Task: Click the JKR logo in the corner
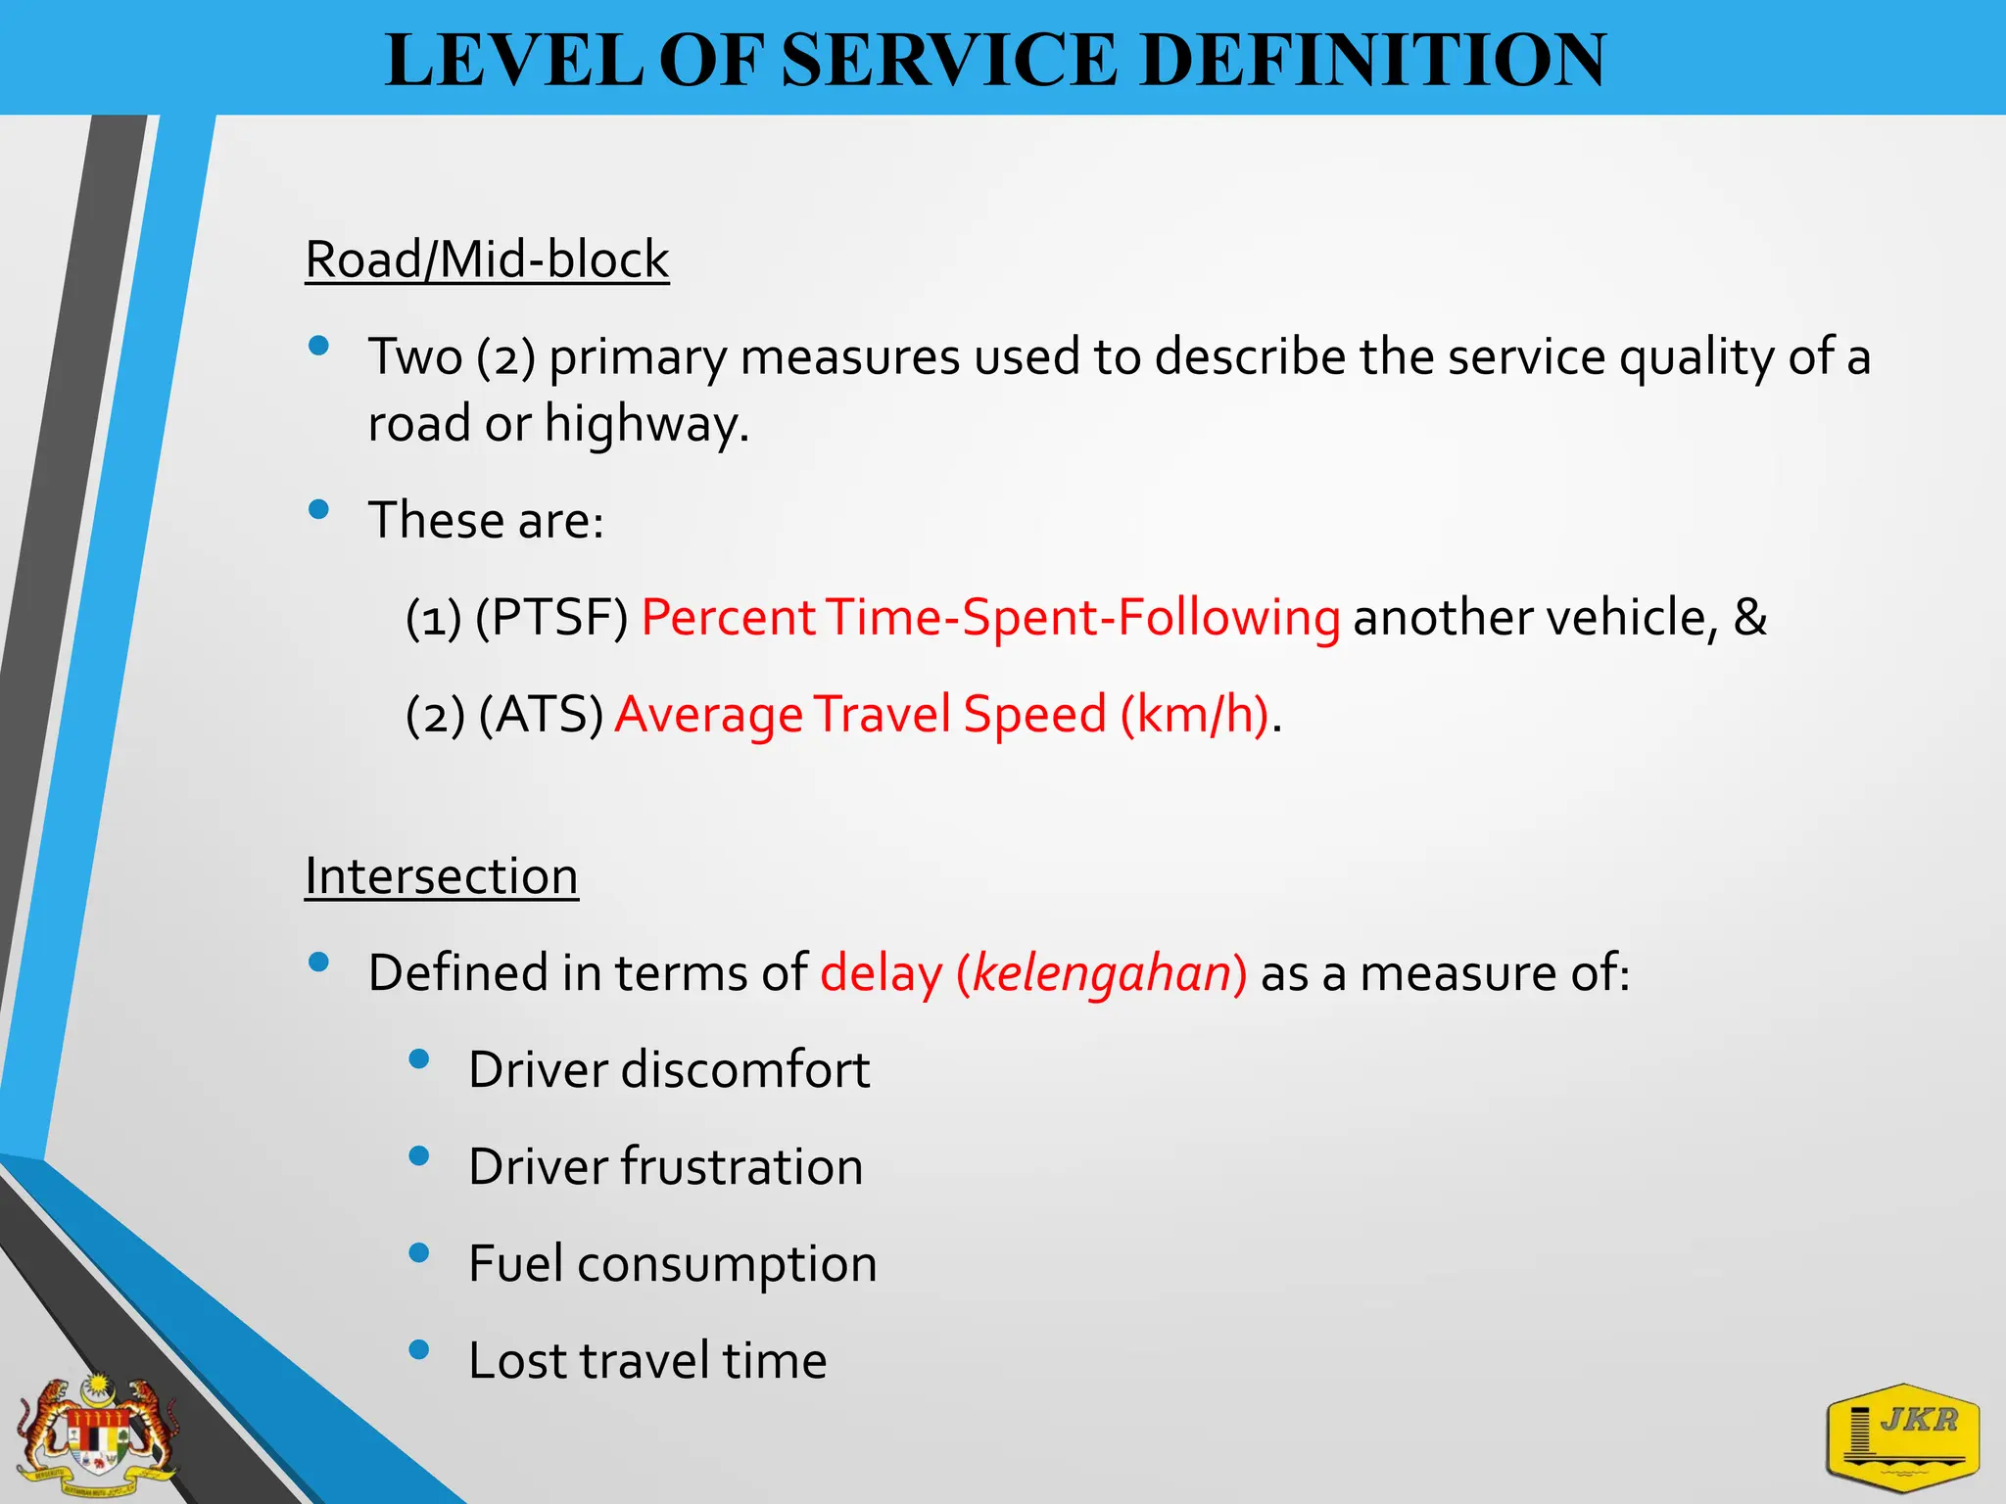(x=1902, y=1436)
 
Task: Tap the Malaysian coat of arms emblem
(x=98, y=1435)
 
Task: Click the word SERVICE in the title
(x=949, y=61)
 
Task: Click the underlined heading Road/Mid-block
(x=487, y=260)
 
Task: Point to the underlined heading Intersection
(x=441, y=876)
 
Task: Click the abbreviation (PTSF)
(x=551, y=618)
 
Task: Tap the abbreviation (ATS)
(x=541, y=715)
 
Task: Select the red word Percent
(x=728, y=618)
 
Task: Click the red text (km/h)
(x=1194, y=715)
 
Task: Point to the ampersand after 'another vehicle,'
(x=1750, y=618)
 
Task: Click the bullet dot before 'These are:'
(x=318, y=509)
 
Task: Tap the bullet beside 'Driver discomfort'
(x=419, y=1058)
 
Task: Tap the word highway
(x=646, y=425)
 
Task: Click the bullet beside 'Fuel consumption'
(x=419, y=1252)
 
